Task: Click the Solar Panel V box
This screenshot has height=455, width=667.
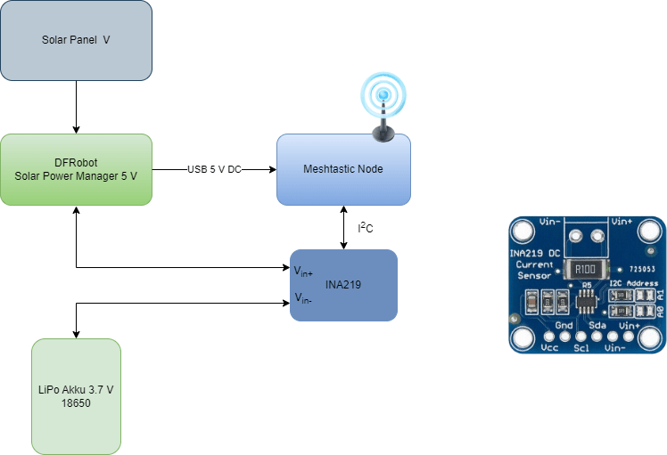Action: click(76, 40)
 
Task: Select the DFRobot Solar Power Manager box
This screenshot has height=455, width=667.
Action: click(76, 169)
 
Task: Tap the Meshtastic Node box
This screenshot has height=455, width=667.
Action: click(343, 169)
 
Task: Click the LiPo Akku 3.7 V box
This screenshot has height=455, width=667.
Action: click(76, 396)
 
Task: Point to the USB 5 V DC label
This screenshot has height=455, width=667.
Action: click(214, 169)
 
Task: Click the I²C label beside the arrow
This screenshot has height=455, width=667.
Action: click(365, 229)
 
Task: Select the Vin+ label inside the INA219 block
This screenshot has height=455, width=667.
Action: click(304, 270)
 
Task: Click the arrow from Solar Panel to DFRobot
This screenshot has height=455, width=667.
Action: click(77, 107)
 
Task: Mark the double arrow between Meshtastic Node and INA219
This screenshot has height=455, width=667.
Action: click(344, 227)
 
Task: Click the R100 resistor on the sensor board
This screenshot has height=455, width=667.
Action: click(585, 269)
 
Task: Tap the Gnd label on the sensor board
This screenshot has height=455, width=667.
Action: click(564, 325)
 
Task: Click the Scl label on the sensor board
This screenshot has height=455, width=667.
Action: click(581, 348)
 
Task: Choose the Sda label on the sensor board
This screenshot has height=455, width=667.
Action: click(597, 325)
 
